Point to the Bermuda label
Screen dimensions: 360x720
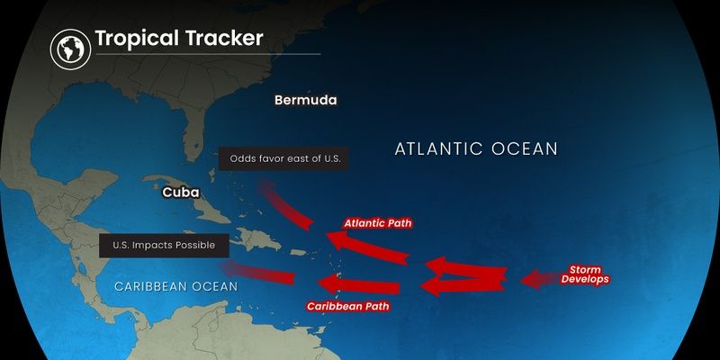[305, 100]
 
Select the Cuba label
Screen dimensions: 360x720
[180, 193]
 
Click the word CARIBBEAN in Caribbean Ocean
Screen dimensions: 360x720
[149, 286]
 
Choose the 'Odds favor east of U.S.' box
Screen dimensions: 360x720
[283, 159]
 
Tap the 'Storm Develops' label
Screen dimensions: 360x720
[585, 274]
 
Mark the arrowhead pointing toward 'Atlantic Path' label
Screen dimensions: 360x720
[335, 240]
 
